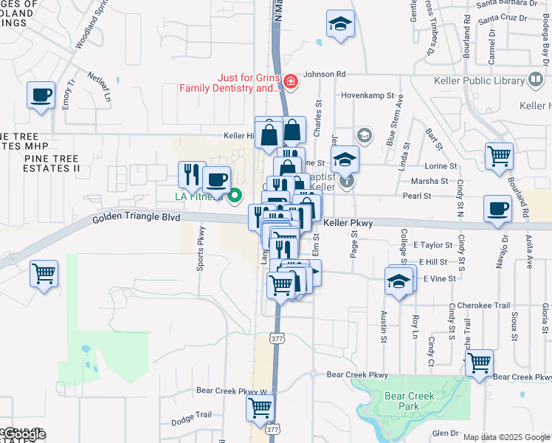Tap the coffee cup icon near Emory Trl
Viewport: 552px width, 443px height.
[41, 95]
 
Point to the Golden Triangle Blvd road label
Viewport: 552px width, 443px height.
[136, 219]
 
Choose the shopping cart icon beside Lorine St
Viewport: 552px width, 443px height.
[500, 157]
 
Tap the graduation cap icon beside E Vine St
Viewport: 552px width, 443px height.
[399, 281]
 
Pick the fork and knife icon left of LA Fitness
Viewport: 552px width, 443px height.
[192, 174]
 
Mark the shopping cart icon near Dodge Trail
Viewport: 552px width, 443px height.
[261, 407]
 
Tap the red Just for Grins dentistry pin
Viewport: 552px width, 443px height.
[291, 80]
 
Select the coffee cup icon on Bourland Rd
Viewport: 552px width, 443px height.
[497, 208]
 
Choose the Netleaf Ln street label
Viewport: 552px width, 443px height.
[103, 87]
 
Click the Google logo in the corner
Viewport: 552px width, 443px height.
[24, 434]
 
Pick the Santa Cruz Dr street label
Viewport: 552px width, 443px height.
[500, 17]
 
